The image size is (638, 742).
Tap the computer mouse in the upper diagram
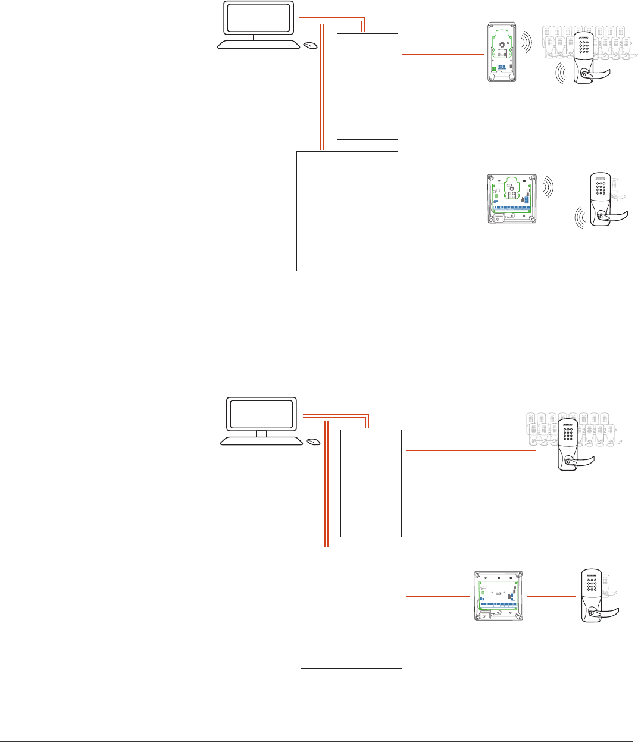pyautogui.click(x=310, y=45)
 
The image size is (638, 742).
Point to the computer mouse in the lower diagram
pyautogui.click(x=313, y=442)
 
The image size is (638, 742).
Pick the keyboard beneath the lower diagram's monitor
pyautogui.click(x=261, y=440)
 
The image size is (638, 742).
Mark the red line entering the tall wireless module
pyautogui.click(x=443, y=54)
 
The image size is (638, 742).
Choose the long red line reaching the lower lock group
pyautogui.click(x=470, y=451)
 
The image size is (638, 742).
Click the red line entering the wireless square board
pyautogui.click(x=443, y=199)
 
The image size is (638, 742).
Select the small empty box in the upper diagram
pyautogui.click(x=367, y=86)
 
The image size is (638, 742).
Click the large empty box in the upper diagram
pyautogui.click(x=347, y=211)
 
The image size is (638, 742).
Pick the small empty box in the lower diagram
pyautogui.click(x=371, y=483)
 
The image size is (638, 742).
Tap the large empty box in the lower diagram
pyautogui.click(x=351, y=608)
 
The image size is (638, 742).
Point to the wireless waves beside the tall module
pyautogui.click(x=526, y=41)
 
